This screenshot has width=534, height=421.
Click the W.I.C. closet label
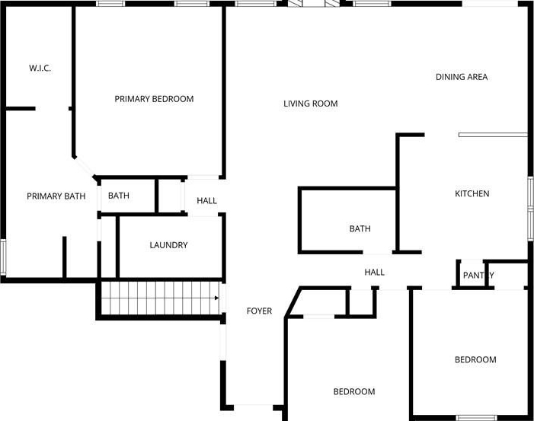(40, 68)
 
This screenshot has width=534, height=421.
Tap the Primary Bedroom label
(154, 99)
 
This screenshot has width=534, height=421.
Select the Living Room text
(311, 104)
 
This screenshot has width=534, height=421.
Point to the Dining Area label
(462, 77)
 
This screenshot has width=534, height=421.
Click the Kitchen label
(472, 193)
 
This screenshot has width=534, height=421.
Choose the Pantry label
(478, 275)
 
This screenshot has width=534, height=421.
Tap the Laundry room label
(168, 245)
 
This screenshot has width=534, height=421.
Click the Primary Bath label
(56, 196)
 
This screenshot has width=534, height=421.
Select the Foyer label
(259, 311)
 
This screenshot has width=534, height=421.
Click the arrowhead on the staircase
(216, 298)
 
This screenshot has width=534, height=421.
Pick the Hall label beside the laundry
(206, 201)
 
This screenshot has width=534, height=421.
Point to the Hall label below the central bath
(374, 273)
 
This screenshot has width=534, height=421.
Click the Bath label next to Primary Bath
(119, 196)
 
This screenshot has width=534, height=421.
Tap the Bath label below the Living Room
(360, 228)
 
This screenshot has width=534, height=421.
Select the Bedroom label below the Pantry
(475, 360)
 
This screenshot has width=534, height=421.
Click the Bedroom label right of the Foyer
(354, 392)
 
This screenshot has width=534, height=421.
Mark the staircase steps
(161, 298)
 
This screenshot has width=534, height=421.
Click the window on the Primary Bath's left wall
(3, 257)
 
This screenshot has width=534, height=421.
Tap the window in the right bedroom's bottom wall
(473, 418)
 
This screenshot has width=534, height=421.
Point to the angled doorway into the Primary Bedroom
(84, 167)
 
